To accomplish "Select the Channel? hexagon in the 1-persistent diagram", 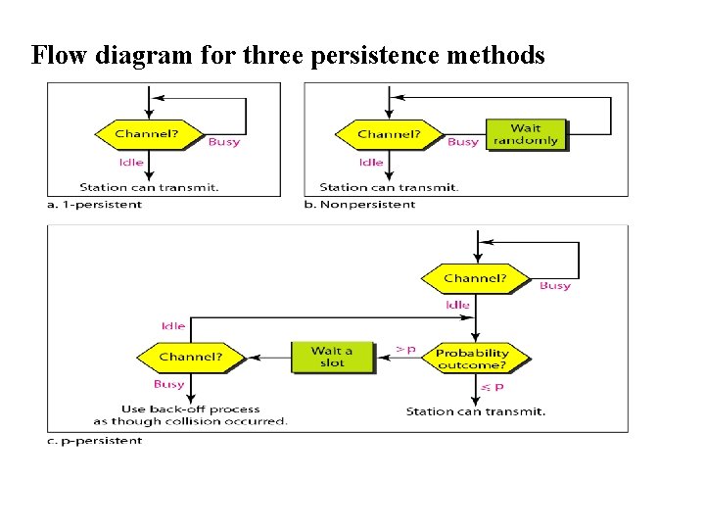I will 147,133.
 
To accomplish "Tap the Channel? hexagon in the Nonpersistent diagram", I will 389,133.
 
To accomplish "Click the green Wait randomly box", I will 526,133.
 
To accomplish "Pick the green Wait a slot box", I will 331,357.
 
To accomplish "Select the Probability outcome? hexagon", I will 472,358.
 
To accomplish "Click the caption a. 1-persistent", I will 95,205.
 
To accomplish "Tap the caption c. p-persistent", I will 95,441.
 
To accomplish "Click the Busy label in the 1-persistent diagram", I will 223,142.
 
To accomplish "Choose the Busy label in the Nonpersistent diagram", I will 462,142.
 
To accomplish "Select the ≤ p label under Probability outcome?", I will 492,388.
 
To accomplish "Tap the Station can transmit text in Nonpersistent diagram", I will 389,187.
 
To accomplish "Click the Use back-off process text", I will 191,409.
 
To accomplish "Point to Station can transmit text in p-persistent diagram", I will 476,411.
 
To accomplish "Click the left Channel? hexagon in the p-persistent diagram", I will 190,357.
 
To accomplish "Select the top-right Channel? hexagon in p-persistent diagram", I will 476,278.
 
